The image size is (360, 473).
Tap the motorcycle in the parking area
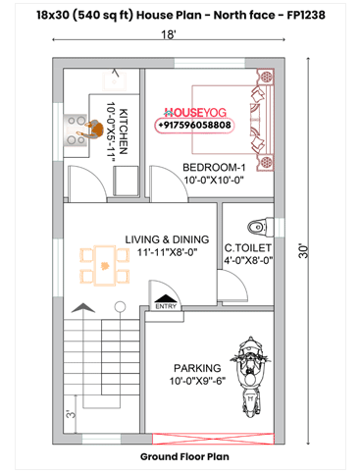pyautogui.click(x=252, y=374)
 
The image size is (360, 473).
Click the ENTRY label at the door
pyautogui.click(x=165, y=307)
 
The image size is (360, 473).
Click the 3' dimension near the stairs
pyautogui.click(x=71, y=414)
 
